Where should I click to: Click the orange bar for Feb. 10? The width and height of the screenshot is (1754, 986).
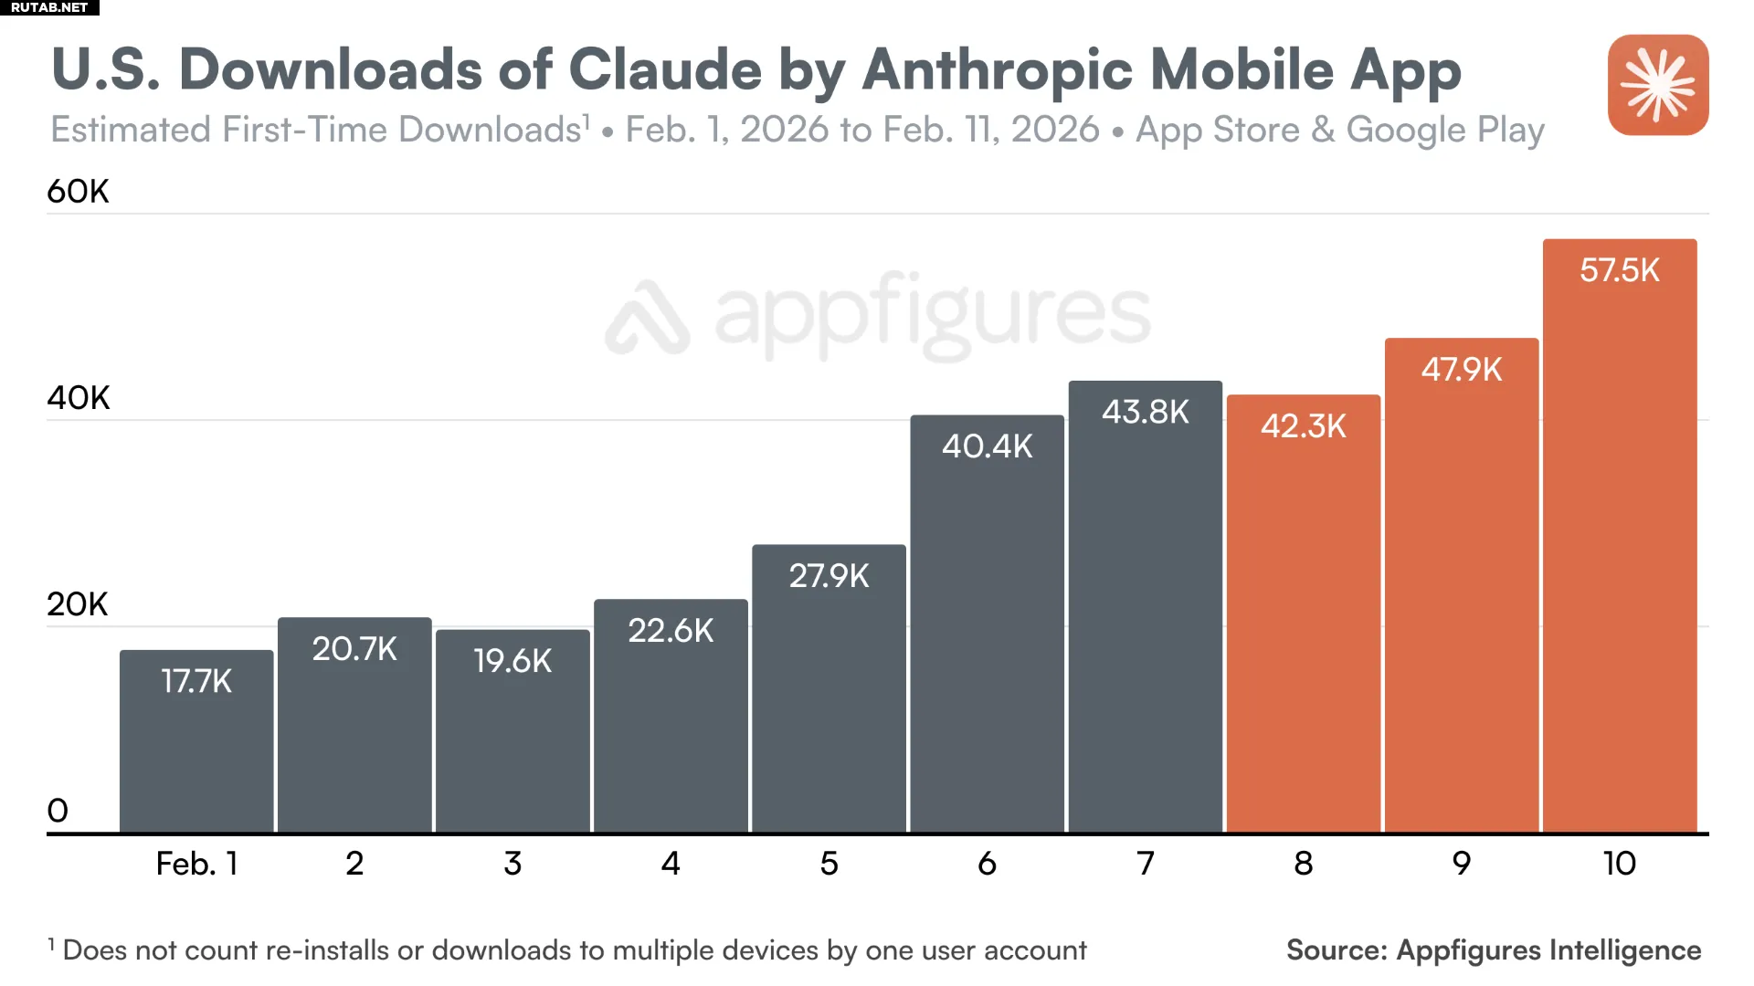click(1620, 548)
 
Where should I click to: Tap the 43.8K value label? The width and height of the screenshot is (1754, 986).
click(1145, 412)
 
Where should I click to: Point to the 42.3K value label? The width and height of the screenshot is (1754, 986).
click(1303, 426)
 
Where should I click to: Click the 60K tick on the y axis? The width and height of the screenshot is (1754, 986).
click(78, 192)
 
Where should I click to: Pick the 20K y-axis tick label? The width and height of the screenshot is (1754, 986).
click(78, 604)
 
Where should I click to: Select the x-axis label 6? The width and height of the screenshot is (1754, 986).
click(987, 864)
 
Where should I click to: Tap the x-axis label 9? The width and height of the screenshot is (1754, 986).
click(1461, 864)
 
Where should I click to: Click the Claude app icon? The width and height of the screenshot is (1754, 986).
click(1658, 85)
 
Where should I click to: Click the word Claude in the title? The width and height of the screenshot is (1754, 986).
click(665, 69)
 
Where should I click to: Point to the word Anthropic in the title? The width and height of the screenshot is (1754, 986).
click(998, 69)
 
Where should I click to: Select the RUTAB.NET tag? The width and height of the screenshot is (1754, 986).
click(49, 7)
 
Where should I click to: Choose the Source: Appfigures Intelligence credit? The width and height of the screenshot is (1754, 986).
click(1494, 950)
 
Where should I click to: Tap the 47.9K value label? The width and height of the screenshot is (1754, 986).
click(1461, 370)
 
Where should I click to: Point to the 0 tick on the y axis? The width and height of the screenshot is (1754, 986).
click(58, 811)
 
